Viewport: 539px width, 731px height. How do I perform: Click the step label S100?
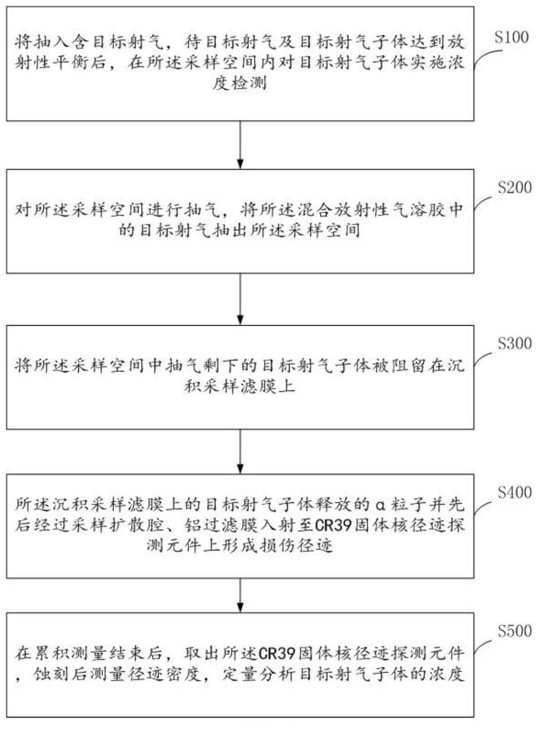tap(511, 38)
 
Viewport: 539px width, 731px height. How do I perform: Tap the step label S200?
tap(514, 188)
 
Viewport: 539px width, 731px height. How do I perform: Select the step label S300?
tap(514, 344)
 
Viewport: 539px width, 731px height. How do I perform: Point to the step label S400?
tap(514, 493)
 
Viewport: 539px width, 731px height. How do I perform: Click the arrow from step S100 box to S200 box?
tap(240, 145)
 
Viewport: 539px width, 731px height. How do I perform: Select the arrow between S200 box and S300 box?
tap(240, 299)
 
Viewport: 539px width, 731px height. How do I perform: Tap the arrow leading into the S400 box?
tap(240, 451)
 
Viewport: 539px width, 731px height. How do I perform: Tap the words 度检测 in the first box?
tap(240, 84)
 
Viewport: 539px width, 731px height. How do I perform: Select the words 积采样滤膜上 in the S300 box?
tap(240, 386)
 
